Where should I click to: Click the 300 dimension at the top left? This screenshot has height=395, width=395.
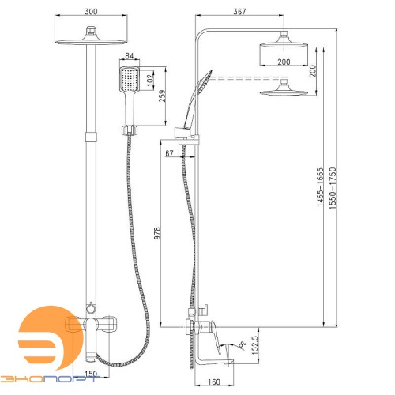[x=91, y=12]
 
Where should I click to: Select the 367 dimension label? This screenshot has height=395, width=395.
[x=239, y=12]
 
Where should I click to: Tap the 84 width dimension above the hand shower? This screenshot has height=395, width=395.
[x=129, y=56]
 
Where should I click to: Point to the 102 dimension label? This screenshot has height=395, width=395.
[x=150, y=78]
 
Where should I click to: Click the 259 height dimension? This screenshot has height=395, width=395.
[x=163, y=96]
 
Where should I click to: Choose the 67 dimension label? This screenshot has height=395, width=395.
[x=169, y=153]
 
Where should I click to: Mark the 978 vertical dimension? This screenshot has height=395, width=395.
[x=157, y=233]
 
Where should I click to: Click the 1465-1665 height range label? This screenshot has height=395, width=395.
[x=320, y=186]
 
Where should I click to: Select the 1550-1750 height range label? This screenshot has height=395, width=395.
[x=333, y=188]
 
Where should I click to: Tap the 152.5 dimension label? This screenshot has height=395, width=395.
[x=255, y=345]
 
